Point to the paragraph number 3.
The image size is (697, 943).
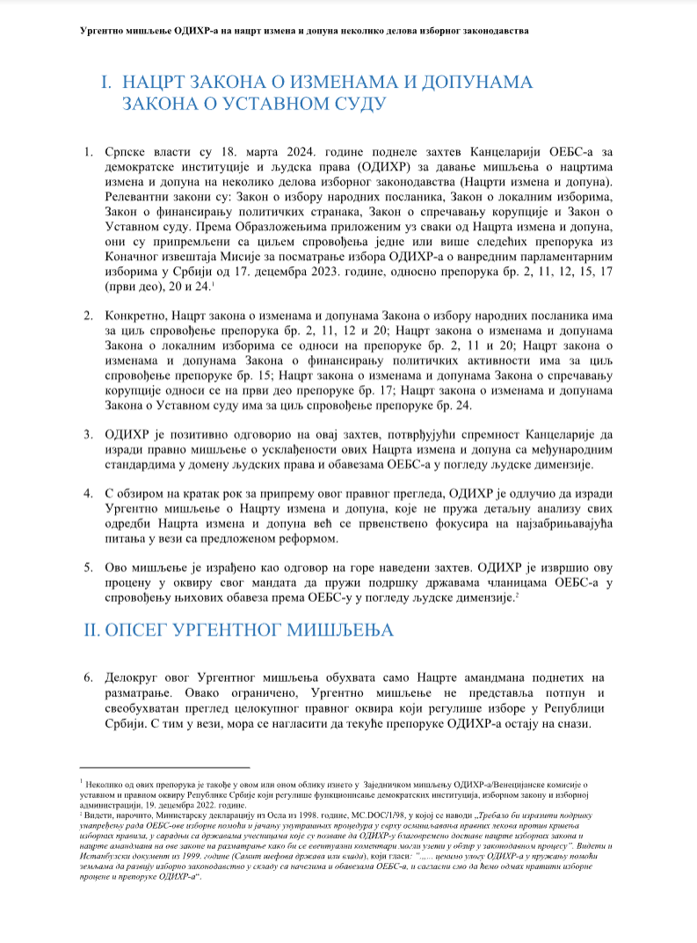[89, 434]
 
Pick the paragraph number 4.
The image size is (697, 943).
[89, 492]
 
